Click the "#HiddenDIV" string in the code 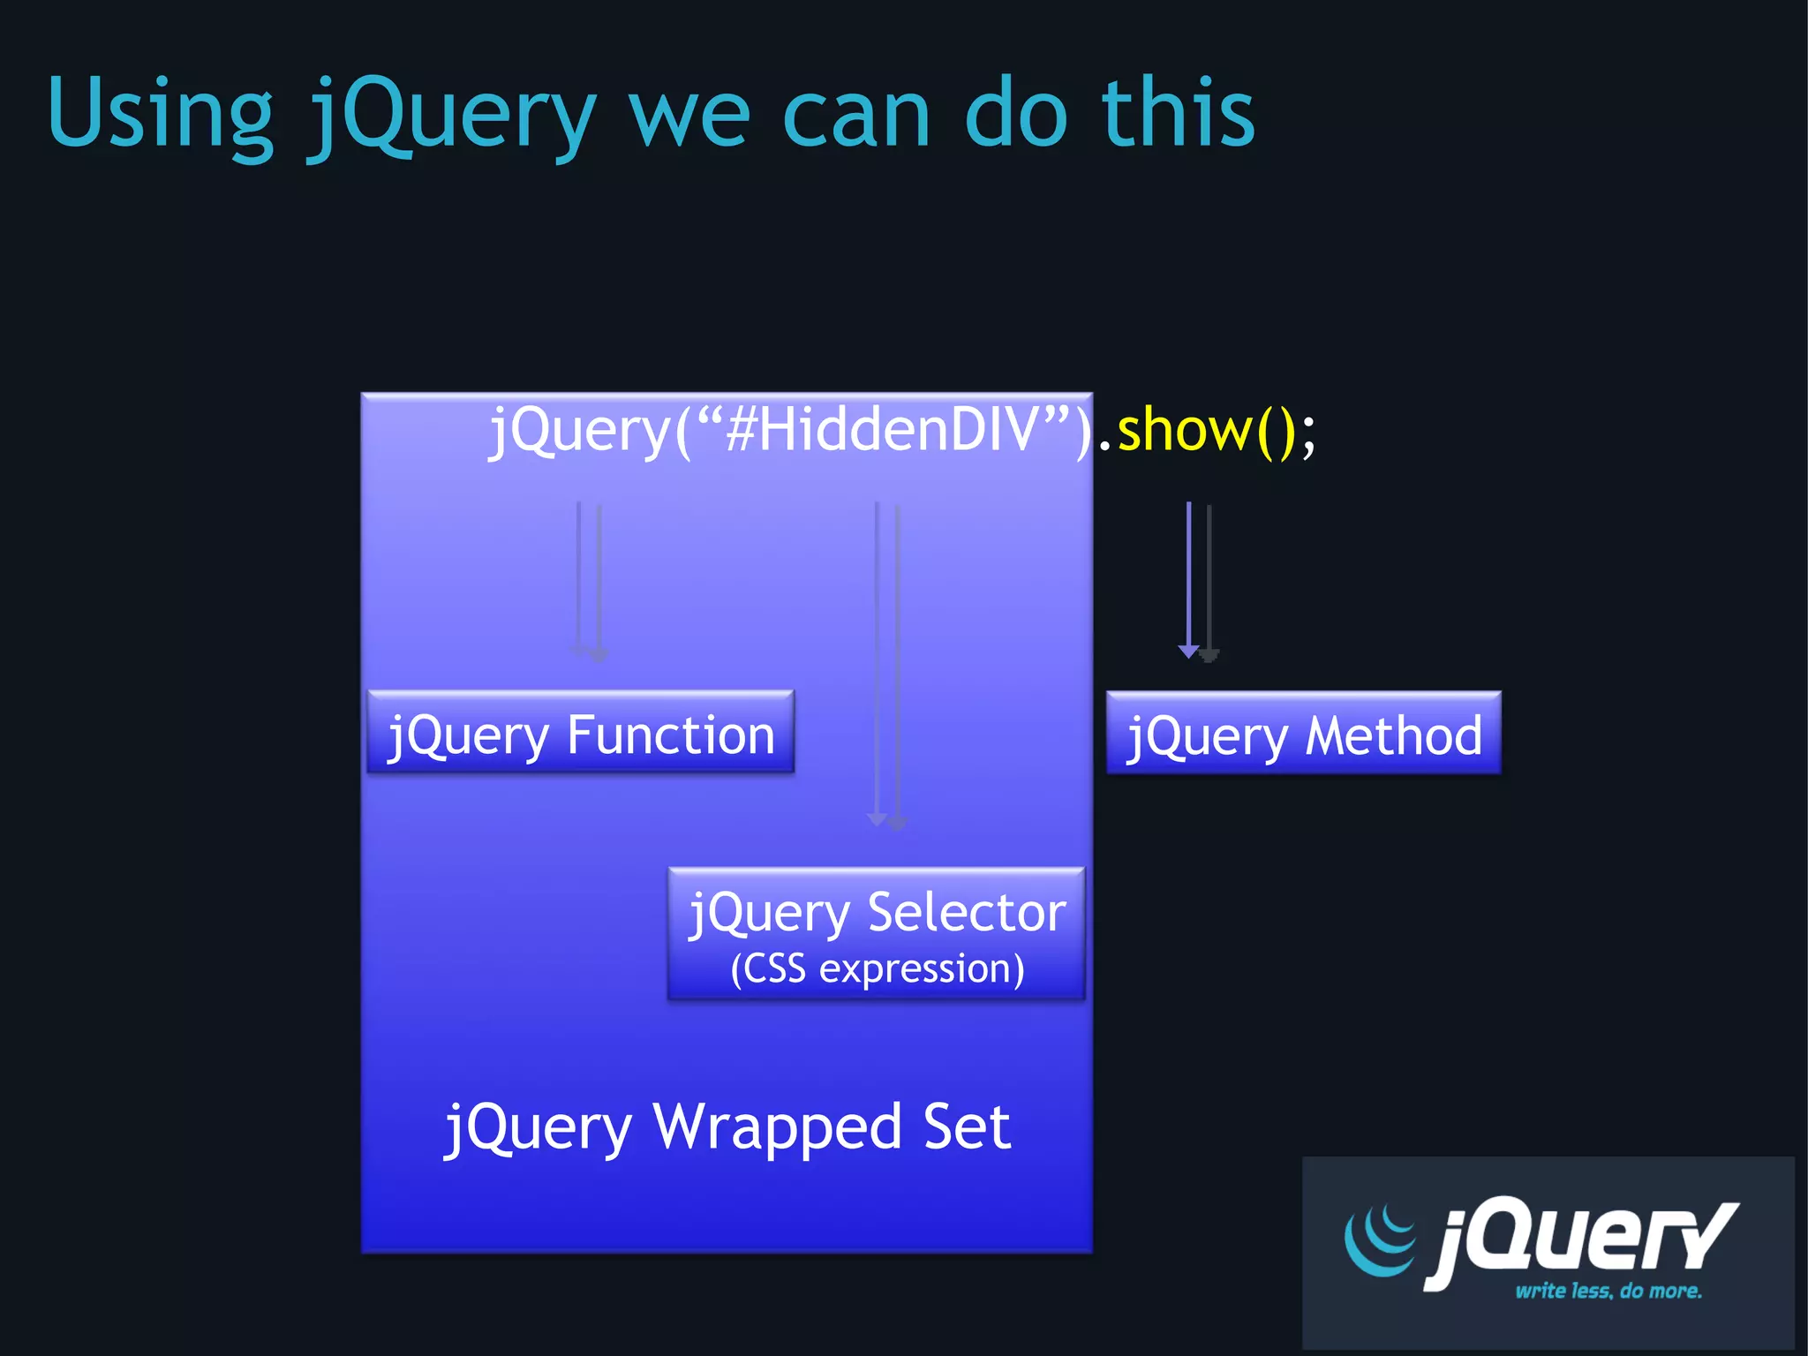[x=883, y=430]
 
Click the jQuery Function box [x=581, y=733]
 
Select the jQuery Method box [x=1303, y=734]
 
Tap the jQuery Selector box [x=877, y=934]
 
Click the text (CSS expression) [x=878, y=968]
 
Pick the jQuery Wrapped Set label [x=727, y=1127]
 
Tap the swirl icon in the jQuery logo [x=1379, y=1239]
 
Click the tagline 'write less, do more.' [x=1608, y=1291]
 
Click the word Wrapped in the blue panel [x=778, y=1127]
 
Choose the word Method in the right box [x=1394, y=735]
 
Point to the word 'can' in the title [x=856, y=115]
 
